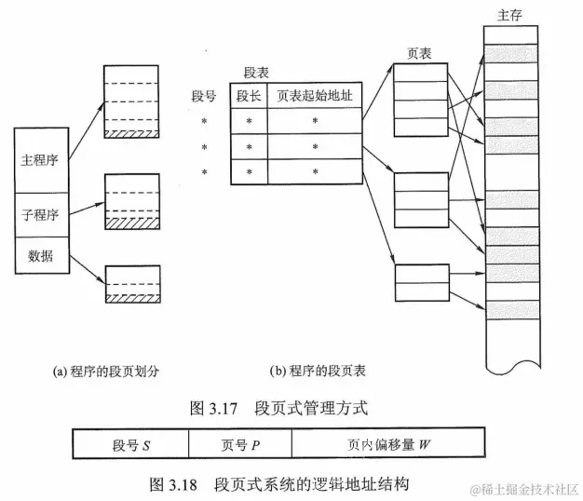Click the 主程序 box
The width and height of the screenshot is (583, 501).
tap(40, 159)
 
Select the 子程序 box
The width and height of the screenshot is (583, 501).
tap(40, 214)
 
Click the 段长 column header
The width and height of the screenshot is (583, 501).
tap(248, 96)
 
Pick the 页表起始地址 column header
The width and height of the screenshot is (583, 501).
tap(314, 96)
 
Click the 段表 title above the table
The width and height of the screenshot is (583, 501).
tap(256, 72)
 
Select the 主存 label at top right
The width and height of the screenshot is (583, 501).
tap(509, 15)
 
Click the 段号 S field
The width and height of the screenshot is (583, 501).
tap(130, 444)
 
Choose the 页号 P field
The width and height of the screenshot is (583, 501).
tap(240, 444)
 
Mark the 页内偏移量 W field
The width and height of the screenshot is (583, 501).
tap(388, 444)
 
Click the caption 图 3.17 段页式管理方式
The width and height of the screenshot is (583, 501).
tap(291, 406)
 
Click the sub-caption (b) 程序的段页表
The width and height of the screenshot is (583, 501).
tap(318, 371)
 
